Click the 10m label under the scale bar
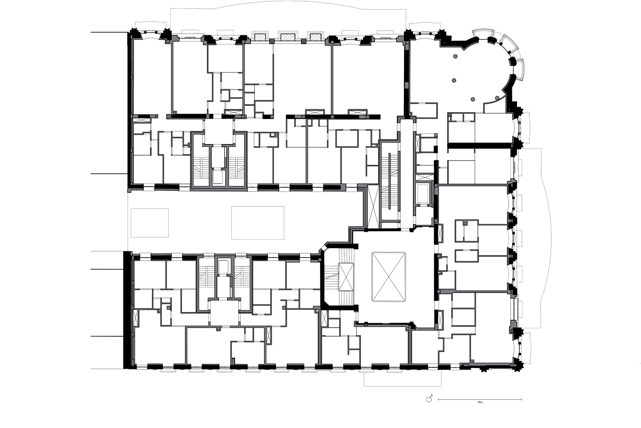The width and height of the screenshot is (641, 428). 480,402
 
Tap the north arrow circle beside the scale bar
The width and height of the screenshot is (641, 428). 429,399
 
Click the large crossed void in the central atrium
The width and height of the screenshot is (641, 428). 389,277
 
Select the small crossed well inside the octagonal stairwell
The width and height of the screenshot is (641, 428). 346,277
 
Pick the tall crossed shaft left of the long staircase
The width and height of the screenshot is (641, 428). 373,206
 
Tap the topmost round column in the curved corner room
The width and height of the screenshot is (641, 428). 455,56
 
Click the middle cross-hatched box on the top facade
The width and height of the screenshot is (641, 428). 288,37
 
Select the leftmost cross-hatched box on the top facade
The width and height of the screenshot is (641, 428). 260,37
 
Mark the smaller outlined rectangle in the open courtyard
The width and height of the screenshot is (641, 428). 150,223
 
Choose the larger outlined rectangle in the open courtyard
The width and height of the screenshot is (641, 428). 257,223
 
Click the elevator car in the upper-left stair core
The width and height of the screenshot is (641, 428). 218,177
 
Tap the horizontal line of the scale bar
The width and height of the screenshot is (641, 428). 480,399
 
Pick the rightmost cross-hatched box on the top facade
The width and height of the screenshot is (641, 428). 315,37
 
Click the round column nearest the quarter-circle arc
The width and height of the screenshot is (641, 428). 497,98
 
